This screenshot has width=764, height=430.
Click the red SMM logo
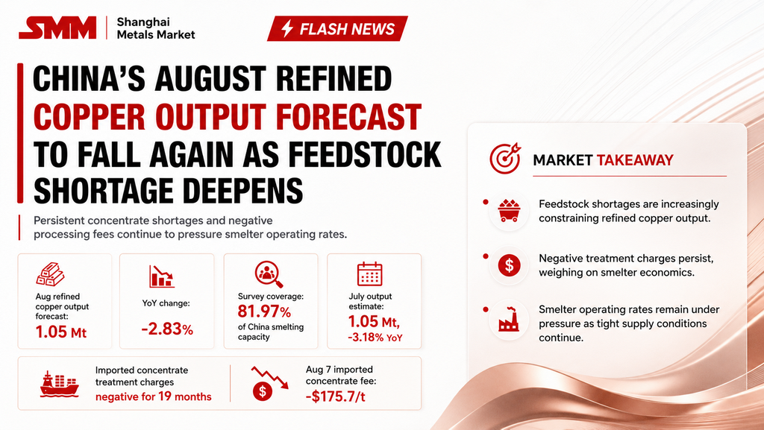(57, 28)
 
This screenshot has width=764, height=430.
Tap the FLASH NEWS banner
(337, 29)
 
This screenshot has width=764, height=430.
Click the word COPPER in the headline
(90, 117)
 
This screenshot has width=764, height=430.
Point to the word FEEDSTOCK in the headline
(364, 154)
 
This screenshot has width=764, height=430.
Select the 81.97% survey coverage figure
(264, 311)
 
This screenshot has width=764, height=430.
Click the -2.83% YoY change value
(167, 329)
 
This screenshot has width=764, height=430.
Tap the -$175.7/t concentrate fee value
(335, 396)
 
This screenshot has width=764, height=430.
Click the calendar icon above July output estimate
(370, 274)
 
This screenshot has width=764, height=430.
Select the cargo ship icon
(60, 385)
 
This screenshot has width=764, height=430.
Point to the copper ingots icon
(50, 274)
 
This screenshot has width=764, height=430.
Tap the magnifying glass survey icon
(269, 274)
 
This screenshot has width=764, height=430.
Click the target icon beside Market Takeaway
(505, 159)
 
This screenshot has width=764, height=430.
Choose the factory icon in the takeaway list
(509, 319)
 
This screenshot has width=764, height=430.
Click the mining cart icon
(509, 211)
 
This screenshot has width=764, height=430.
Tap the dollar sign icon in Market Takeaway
(509, 265)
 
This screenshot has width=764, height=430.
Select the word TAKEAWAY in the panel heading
(635, 160)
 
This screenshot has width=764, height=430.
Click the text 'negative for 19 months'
(154, 396)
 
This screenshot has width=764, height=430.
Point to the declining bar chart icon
(162, 276)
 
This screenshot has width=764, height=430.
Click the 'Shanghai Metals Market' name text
(156, 28)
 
